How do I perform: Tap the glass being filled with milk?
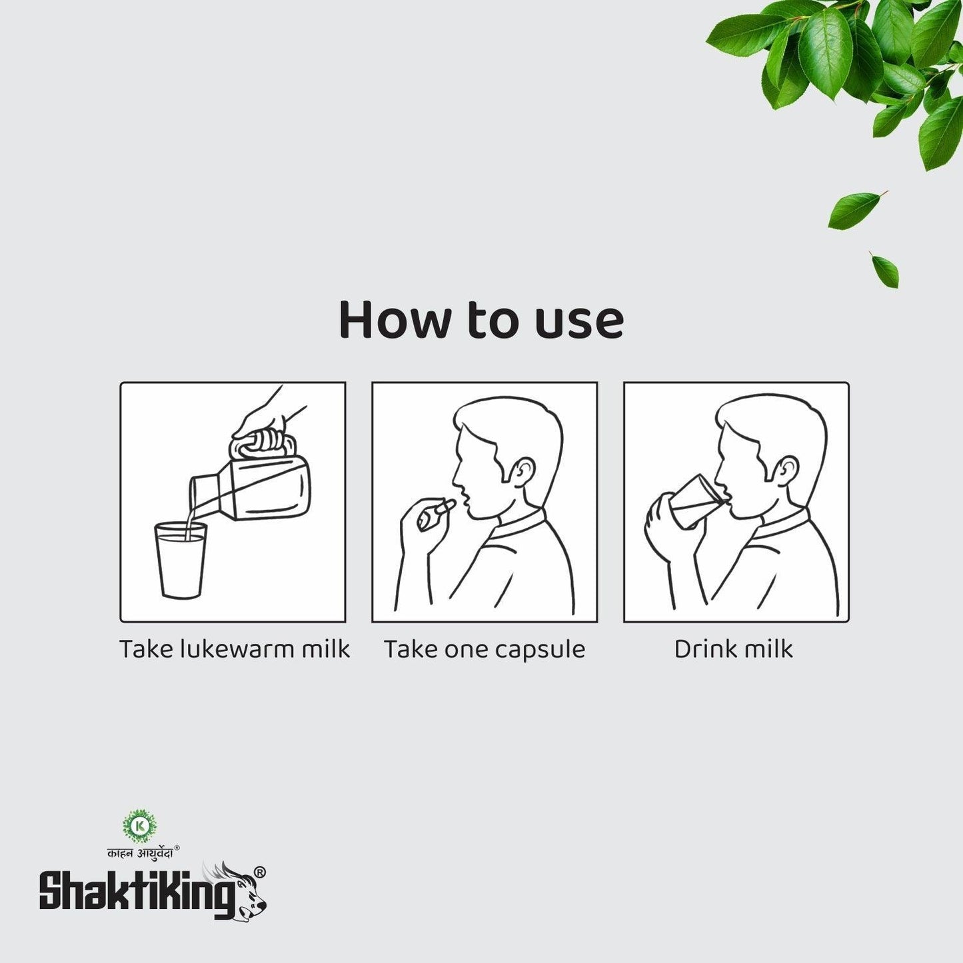180,560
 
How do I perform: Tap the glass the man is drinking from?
693,502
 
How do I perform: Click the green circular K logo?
139,826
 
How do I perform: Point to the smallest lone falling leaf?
885,269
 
